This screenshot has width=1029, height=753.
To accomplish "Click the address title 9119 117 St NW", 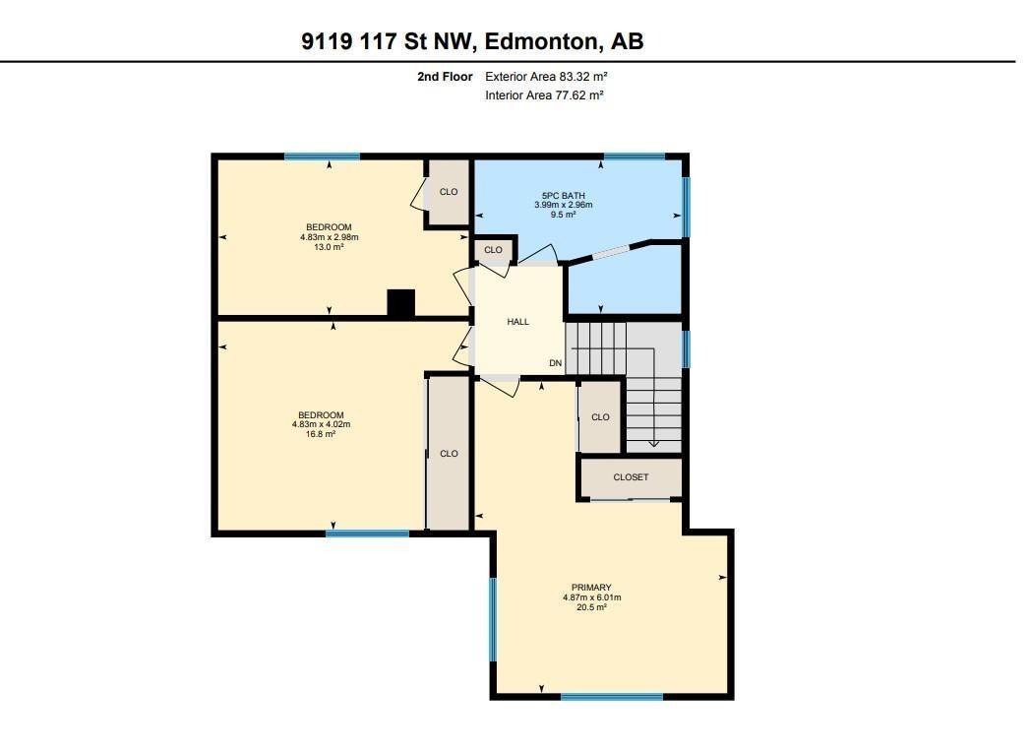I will (x=472, y=41).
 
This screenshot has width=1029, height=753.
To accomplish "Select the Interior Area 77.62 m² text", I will (x=544, y=95).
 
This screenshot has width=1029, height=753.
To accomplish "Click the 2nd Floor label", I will (x=445, y=76).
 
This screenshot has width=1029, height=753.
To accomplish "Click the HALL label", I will (x=517, y=322).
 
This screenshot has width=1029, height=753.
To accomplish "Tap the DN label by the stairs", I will (x=555, y=363).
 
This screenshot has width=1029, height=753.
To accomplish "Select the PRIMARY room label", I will (x=591, y=588).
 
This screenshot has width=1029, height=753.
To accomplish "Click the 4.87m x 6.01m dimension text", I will (x=591, y=597).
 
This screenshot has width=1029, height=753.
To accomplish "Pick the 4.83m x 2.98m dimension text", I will (x=330, y=237).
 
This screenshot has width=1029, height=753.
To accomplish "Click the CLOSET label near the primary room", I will (x=631, y=477).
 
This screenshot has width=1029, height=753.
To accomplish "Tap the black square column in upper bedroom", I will (x=400, y=303).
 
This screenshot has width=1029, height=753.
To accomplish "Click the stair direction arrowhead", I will (x=654, y=443).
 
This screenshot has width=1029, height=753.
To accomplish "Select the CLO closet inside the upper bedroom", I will (x=449, y=192).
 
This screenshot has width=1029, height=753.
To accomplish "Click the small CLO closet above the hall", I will (x=493, y=250).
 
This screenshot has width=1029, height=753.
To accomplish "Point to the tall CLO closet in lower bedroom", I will (x=449, y=454).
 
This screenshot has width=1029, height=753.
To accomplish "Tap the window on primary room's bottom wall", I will (x=611, y=697).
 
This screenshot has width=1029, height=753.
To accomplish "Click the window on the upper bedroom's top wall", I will (x=322, y=157).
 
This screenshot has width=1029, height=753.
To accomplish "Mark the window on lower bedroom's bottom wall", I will (x=367, y=533).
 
